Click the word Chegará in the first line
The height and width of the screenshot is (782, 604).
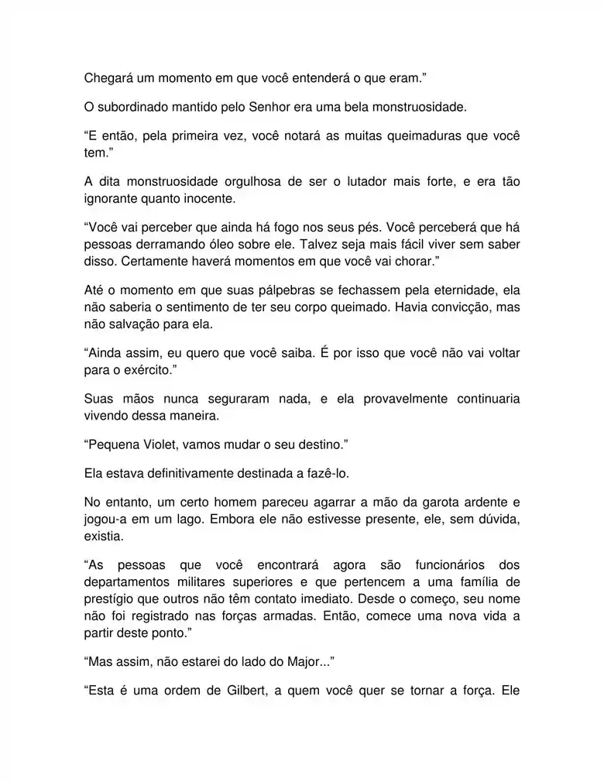pyautogui.click(x=108, y=77)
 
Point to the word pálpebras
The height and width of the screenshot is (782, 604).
pyautogui.click(x=290, y=290)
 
